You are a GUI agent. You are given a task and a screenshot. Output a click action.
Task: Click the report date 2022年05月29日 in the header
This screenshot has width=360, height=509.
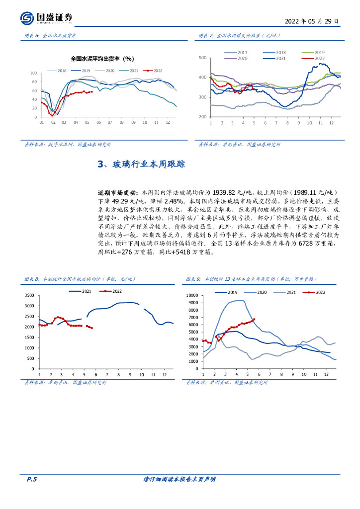pyautogui.click(x=312, y=21)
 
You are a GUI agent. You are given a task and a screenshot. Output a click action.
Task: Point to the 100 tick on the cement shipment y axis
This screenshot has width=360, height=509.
pyautogui.click(x=34, y=73)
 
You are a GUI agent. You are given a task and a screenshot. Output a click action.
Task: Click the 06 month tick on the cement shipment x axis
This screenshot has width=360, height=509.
pyautogui.click(x=98, y=122)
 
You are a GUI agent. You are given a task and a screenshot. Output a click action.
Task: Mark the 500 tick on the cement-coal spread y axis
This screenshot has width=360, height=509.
pyautogui.click(x=202, y=58)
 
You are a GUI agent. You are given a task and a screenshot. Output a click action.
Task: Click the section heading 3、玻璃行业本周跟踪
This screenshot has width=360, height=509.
pyautogui.click(x=142, y=165)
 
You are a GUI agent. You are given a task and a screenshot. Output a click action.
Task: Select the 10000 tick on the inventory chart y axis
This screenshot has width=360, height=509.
pyautogui.click(x=191, y=295)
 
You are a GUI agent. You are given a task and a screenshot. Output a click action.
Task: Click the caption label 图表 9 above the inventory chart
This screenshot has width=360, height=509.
pyautogui.click(x=192, y=279)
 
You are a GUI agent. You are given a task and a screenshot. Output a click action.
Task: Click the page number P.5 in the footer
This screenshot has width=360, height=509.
pyautogui.click(x=32, y=479)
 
